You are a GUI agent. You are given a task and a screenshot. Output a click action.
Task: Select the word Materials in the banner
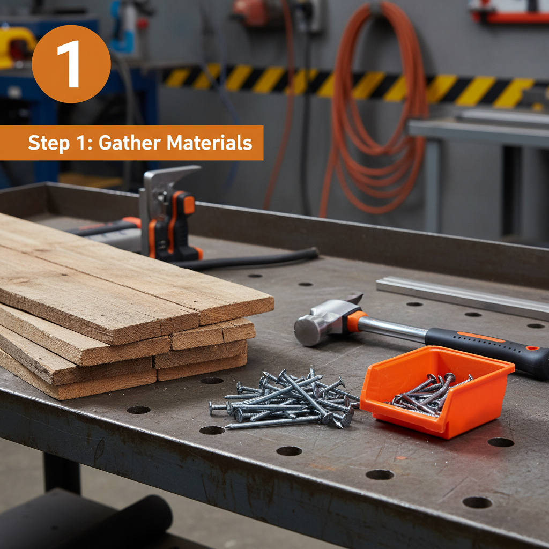point(210,143)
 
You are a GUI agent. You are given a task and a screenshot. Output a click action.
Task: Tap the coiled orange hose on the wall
point(375,118)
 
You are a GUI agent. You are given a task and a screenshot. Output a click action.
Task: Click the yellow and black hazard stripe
point(348,83)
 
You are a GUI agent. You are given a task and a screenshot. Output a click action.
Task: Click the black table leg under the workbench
point(62,472)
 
